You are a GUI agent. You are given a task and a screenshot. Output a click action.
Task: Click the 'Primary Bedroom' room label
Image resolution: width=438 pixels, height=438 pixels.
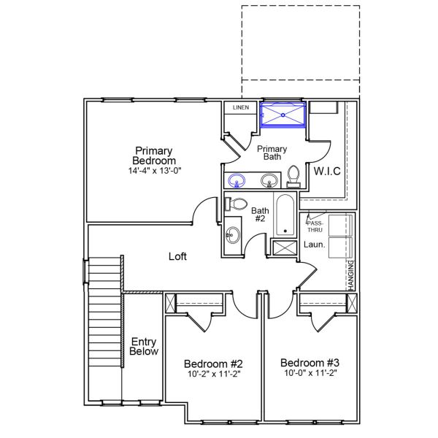click(x=153, y=155)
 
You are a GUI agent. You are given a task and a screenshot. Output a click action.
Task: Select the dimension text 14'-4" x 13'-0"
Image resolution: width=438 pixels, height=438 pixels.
click(x=153, y=170)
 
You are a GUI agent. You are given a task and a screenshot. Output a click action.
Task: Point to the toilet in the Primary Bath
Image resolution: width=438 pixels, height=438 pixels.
click(x=293, y=176)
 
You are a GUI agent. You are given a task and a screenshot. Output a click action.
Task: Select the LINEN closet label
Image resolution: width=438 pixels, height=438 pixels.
click(x=240, y=108)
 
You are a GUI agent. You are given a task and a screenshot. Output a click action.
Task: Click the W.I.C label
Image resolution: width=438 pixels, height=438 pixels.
click(x=328, y=171)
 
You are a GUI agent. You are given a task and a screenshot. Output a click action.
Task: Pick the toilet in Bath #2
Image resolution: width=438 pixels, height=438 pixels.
click(x=237, y=204)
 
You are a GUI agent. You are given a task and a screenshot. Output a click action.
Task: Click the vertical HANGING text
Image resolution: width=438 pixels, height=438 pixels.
click(x=351, y=276)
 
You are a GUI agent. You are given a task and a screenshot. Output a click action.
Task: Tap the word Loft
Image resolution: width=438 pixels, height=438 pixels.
click(x=178, y=256)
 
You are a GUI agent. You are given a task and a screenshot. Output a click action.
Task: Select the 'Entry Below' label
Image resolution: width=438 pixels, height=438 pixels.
click(x=144, y=346)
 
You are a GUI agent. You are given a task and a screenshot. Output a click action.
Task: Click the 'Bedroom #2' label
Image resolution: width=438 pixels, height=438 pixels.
click(x=213, y=364)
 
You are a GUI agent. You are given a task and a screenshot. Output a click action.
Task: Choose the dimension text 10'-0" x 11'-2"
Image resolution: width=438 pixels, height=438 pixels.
click(x=310, y=374)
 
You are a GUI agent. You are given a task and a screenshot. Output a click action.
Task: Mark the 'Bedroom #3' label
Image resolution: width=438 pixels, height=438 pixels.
click(x=310, y=363)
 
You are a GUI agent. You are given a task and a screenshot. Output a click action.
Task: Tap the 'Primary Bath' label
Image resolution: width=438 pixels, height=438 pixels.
click(x=272, y=152)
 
